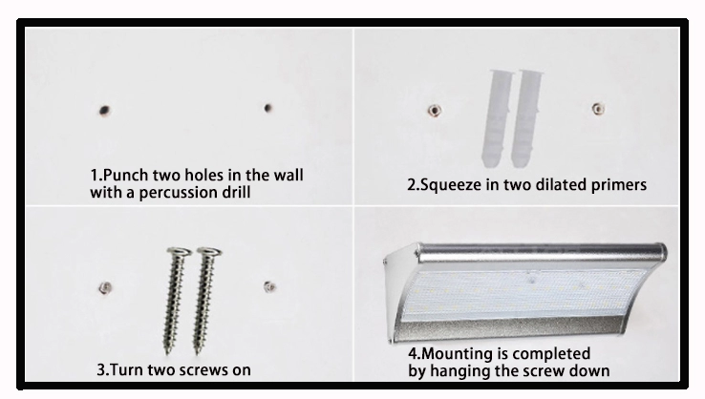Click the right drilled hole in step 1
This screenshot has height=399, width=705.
pos(267,108)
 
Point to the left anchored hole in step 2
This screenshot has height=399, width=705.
pos(432,111)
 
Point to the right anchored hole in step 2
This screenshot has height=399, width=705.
pos(598,108)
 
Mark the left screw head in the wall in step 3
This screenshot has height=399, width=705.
pos(101,285)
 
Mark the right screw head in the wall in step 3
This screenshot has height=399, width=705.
pos(268,283)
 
